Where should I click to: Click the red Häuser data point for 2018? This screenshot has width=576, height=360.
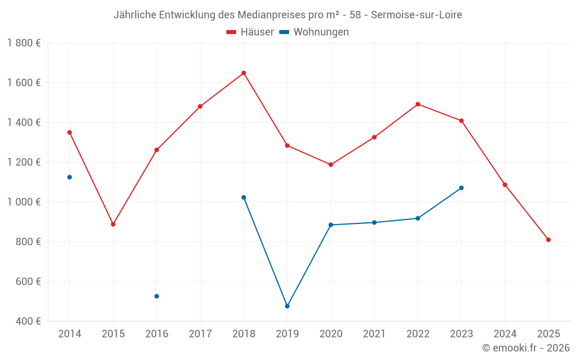[244, 73]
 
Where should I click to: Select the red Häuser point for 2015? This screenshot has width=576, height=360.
[113, 224]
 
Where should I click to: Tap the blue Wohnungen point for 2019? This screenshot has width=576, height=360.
[287, 306]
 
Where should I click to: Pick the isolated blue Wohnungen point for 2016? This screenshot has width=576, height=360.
[157, 296]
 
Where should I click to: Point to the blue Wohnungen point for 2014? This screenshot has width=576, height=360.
[70, 177]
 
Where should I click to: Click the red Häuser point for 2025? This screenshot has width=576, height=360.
[548, 240]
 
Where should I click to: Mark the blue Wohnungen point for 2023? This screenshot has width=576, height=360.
[461, 188]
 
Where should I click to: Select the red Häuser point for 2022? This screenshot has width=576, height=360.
[418, 104]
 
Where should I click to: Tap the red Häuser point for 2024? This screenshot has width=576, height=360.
[505, 185]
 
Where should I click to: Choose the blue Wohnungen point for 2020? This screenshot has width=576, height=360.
[331, 225]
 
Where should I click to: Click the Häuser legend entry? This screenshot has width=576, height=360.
[250, 32]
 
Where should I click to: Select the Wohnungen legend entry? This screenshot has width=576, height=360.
[314, 32]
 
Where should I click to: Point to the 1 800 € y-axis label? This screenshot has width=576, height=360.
[24, 43]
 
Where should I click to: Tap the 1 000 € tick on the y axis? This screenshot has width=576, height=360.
[24, 202]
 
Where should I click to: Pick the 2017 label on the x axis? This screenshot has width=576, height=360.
[200, 334]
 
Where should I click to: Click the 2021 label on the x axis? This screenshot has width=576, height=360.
[374, 334]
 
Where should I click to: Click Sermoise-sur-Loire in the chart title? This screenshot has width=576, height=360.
[416, 14]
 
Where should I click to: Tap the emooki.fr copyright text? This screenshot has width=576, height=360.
[526, 348]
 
